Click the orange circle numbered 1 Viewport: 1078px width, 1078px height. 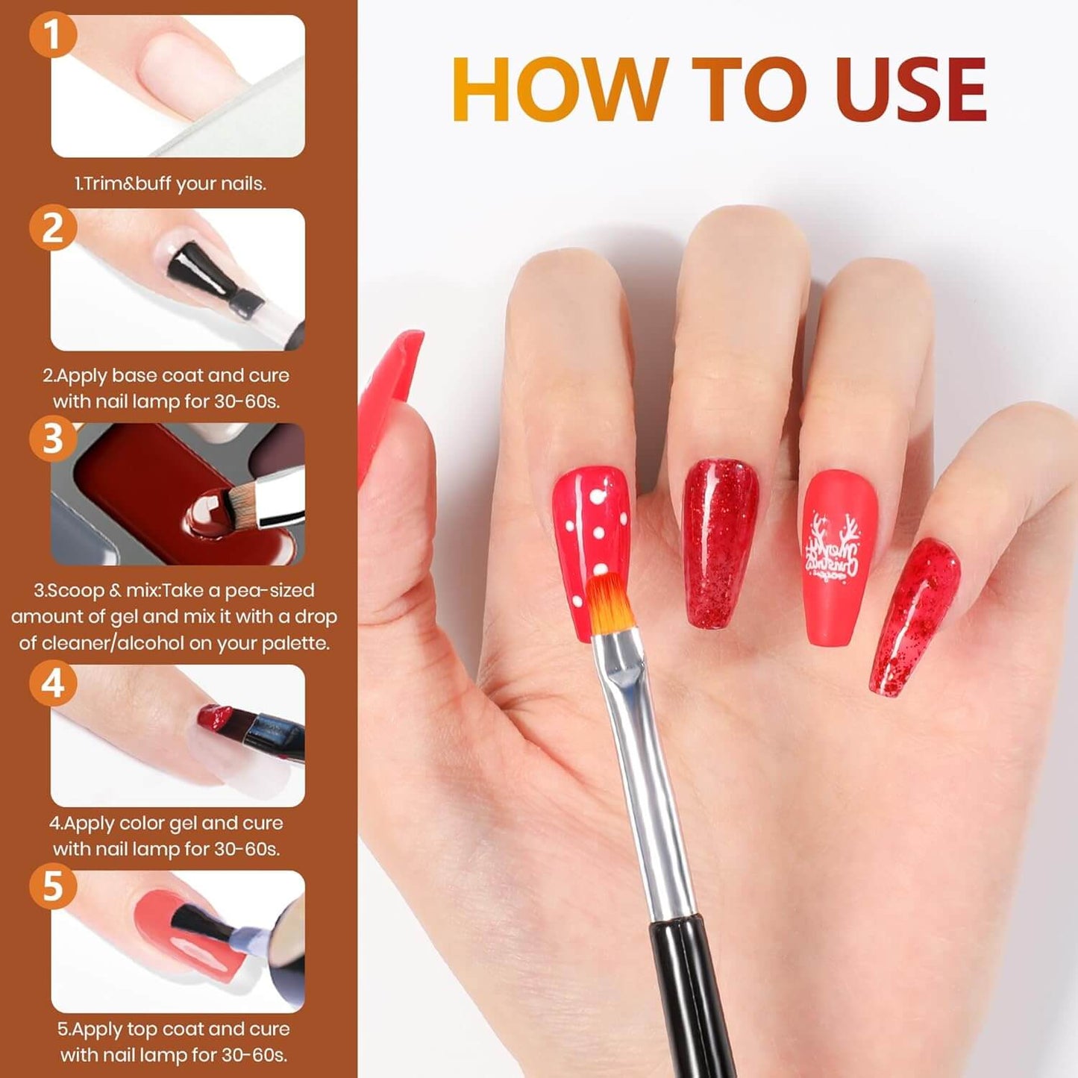coord(52,35)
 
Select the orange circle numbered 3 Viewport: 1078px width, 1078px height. coord(52,438)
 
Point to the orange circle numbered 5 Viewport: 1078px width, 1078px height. coord(52,886)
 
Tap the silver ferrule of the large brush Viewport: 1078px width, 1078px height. coord(643,772)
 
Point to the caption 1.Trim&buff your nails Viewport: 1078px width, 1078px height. coord(171,184)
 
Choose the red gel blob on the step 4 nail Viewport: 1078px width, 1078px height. coord(213,716)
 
